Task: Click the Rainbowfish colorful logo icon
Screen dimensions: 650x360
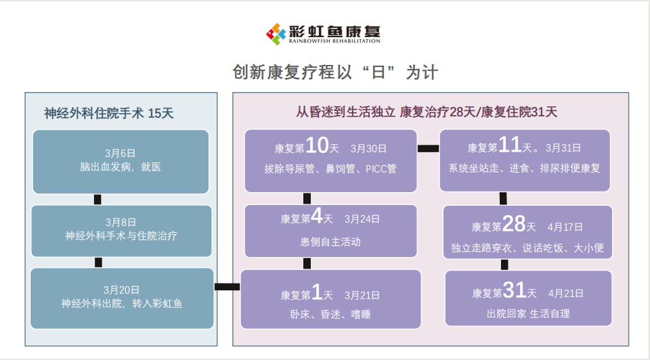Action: coord(276,34)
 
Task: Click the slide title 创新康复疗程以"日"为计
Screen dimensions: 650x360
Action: coord(335,72)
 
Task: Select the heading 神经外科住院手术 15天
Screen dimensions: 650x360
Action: coord(108,113)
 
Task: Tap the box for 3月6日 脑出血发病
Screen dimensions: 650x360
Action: coord(121,162)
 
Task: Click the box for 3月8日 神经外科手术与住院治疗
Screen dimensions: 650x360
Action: coord(121,231)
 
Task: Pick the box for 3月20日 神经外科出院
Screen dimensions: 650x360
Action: coord(122,298)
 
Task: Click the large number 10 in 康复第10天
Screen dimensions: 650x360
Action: coord(317,145)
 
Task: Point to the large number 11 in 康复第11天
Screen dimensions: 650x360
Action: coord(509,145)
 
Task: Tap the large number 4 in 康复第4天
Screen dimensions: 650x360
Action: coord(317,216)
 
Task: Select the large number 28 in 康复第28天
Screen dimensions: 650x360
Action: coord(514,224)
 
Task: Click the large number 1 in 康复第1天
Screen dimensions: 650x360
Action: coord(317,292)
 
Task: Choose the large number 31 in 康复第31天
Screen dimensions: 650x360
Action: coord(515,290)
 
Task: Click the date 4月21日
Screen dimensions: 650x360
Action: coord(566,293)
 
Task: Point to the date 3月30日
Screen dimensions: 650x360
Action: coord(368,149)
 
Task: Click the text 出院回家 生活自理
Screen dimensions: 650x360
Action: coord(528,313)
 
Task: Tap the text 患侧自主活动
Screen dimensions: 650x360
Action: coord(330,242)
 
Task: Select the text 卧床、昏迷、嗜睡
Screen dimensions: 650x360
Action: coord(330,315)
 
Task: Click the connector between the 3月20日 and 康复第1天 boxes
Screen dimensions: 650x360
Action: coord(227,287)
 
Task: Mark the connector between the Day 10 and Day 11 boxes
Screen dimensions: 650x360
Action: coord(428,148)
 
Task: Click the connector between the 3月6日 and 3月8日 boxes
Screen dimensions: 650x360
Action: coord(97,200)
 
